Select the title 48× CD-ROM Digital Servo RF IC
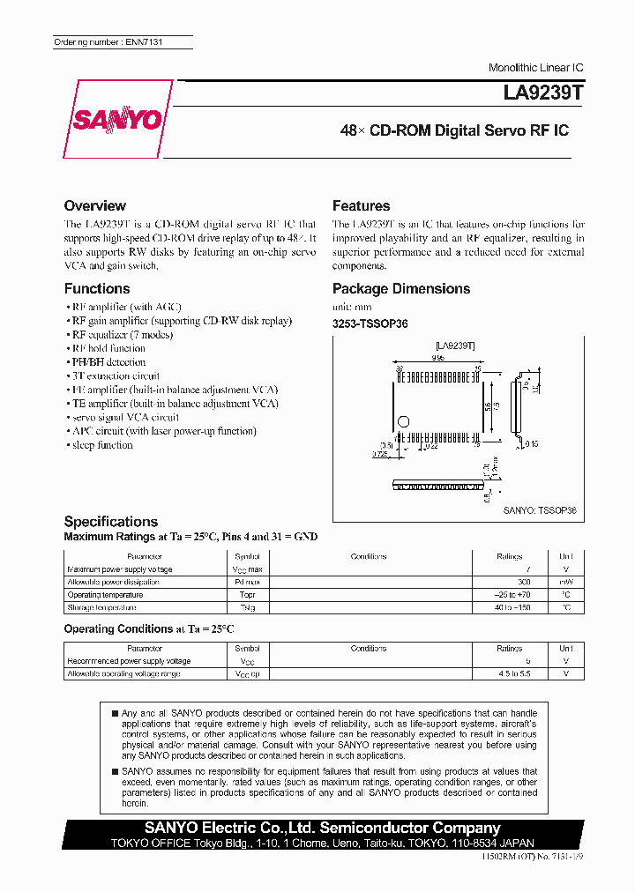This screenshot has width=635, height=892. tap(454, 130)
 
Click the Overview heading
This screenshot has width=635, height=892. tap(95, 205)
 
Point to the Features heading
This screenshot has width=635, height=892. tap(361, 205)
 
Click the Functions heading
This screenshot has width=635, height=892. tap(97, 288)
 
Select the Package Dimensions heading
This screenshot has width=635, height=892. tap(401, 288)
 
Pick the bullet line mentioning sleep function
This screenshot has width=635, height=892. tap(100, 445)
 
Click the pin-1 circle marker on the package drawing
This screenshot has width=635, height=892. tap(404, 420)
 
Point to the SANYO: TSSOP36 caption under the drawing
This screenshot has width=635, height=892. tap(539, 510)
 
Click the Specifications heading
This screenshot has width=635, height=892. tap(111, 521)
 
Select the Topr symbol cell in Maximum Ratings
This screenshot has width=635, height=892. tap(247, 595)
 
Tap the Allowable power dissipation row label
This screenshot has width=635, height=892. tap(114, 582)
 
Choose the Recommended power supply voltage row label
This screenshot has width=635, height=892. tap(129, 660)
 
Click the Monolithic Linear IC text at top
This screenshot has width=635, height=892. tap(535, 68)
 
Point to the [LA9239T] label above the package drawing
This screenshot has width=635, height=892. tap(455, 347)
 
